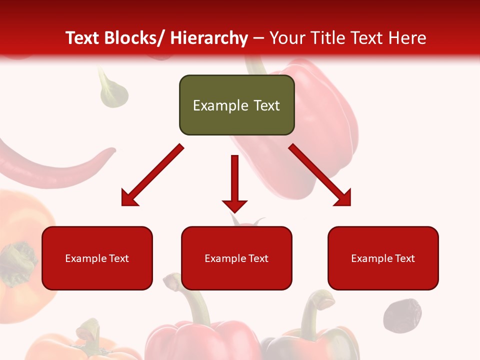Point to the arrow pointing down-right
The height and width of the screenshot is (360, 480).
320,175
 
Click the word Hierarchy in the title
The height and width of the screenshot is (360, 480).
208,38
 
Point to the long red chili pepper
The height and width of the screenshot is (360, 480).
55,165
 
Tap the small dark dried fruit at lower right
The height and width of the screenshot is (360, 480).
402,315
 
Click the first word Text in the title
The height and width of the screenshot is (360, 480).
82,38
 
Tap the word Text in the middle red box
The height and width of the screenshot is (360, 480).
258,258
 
